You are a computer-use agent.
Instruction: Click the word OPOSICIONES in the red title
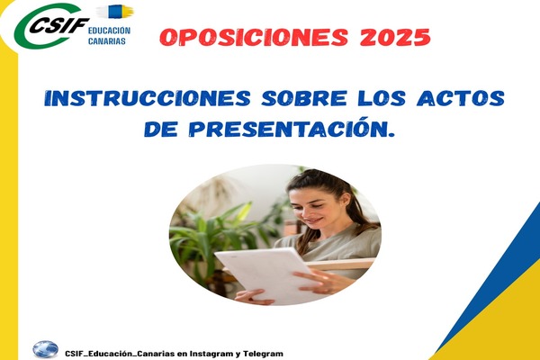click(x=254, y=37)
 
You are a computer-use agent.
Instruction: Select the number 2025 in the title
click(x=395, y=37)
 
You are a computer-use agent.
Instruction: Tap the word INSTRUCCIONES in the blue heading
click(x=148, y=98)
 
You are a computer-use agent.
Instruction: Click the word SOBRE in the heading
click(x=304, y=98)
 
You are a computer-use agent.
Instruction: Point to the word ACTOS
click(x=461, y=98)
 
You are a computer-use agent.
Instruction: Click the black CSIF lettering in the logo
click(x=58, y=25)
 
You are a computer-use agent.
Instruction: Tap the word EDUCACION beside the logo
click(x=109, y=31)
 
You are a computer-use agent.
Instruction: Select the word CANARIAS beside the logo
click(x=107, y=41)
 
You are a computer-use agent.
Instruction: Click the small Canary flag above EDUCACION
click(x=115, y=12)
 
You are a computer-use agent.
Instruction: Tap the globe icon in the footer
click(x=46, y=349)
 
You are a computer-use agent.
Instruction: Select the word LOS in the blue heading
click(x=382, y=98)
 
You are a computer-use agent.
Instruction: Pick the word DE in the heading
click(x=161, y=130)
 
